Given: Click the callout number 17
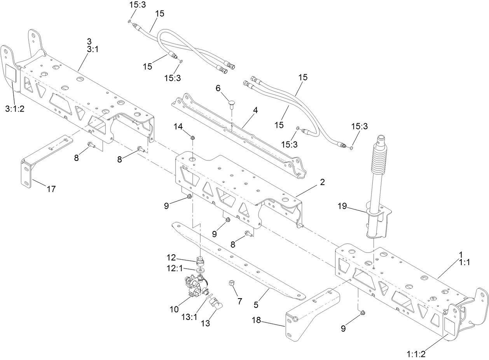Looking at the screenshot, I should (51, 189).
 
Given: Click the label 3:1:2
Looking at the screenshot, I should (15, 109).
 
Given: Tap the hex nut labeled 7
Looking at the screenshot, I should (231, 283).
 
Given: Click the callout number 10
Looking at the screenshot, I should (174, 309).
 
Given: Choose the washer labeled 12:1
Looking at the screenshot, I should (200, 269).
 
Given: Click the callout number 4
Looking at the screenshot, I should (255, 110).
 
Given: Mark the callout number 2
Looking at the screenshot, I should (322, 182).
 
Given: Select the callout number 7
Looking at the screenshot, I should (240, 301).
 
